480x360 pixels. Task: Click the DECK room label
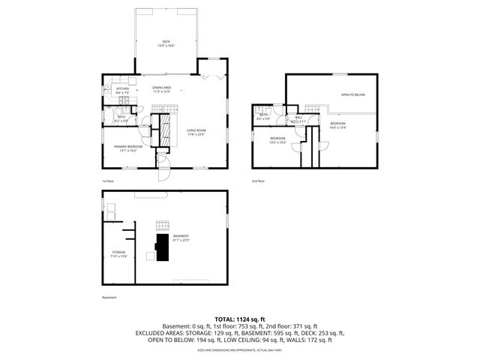coord(166,41)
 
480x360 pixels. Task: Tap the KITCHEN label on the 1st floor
coord(122,88)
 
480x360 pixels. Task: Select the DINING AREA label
coord(162,87)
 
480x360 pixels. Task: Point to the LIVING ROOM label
coord(196,130)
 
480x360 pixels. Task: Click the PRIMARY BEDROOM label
coord(128,146)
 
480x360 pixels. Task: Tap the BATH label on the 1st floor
coord(121,116)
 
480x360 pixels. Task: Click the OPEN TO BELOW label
coord(352,95)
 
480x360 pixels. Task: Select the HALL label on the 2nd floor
coord(298,117)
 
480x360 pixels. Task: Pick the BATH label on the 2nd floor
coord(264,115)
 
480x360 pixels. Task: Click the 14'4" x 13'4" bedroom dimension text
coord(337,127)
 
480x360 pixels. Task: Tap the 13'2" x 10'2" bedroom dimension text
coord(277,142)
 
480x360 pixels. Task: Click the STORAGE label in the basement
coord(119,252)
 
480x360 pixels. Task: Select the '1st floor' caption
coord(108,181)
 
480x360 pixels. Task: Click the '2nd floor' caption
coord(258,181)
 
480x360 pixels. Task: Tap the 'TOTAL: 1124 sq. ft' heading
coord(239,318)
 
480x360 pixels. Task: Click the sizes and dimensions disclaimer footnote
coord(239,350)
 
